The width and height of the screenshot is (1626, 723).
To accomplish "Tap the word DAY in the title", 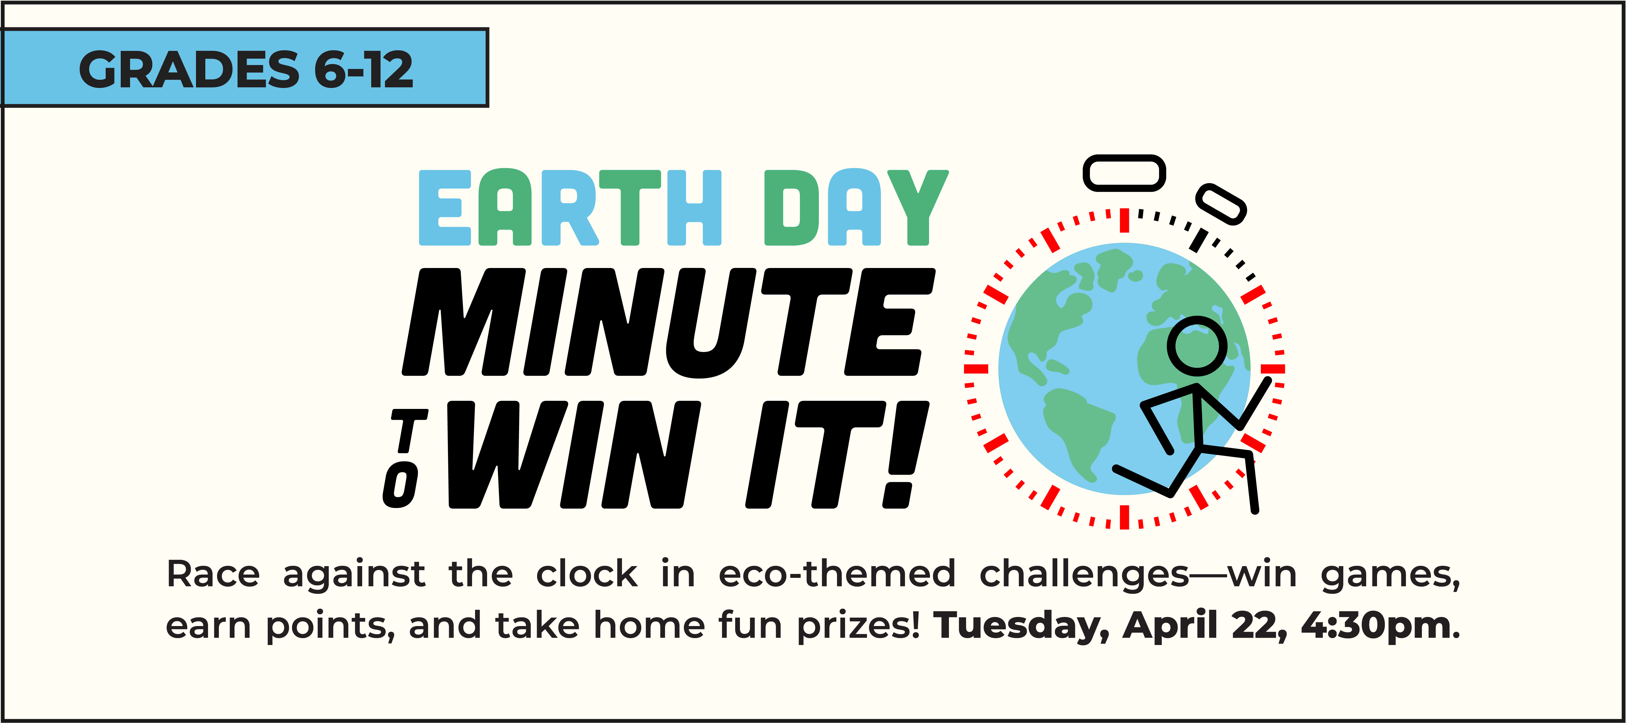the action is click(856, 207).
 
